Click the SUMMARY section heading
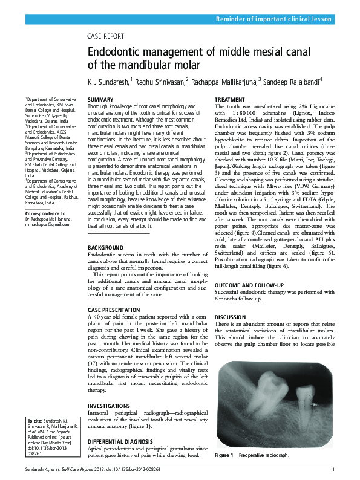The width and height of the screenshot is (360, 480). (100, 99)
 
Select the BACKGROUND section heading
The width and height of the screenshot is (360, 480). (105, 248)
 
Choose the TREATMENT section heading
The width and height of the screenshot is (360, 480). (231, 99)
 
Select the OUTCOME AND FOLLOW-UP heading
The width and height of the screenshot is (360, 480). (249, 285)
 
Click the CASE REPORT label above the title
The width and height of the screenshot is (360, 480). (106, 36)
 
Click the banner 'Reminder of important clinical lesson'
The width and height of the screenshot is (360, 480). (274, 19)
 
